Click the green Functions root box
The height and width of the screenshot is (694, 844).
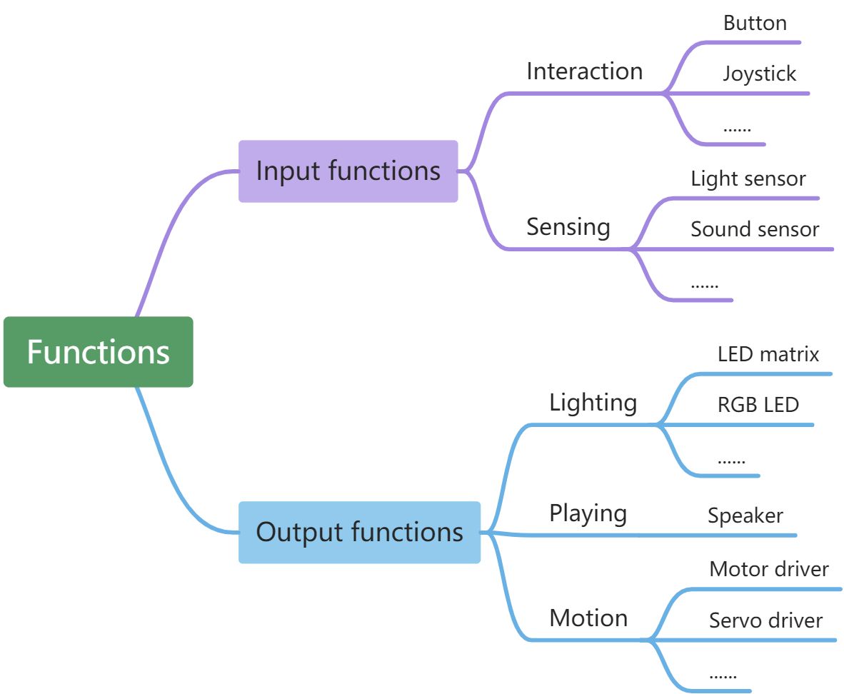[98, 352]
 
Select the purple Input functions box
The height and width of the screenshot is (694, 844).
[348, 171]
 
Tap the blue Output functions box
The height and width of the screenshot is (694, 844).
[359, 532]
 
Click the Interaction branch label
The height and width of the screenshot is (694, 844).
[584, 71]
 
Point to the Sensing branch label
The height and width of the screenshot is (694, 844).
[568, 227]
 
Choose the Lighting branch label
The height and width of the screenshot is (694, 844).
[593, 403]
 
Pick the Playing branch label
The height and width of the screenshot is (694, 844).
[588, 513]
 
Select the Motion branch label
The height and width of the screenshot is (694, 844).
[588, 618]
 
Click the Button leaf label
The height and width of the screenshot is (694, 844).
[755, 23]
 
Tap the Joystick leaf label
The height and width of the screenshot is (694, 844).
[759, 74]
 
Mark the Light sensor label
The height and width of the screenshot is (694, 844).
[748, 178]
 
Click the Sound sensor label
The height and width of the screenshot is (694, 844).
[755, 229]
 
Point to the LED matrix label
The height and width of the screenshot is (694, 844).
[768, 354]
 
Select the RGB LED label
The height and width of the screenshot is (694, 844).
[758, 405]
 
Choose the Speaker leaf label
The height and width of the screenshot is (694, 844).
[745, 516]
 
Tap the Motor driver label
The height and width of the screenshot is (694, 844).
[769, 569]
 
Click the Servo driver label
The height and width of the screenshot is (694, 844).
[765, 620]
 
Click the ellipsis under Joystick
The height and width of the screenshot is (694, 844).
[736, 129]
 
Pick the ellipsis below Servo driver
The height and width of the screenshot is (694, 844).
[723, 675]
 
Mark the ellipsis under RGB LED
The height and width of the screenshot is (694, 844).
[730, 461]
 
